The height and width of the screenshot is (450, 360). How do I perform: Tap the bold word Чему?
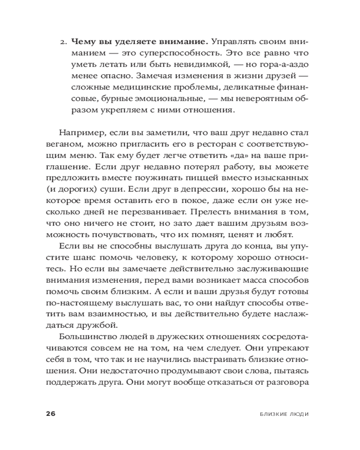[81, 42]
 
